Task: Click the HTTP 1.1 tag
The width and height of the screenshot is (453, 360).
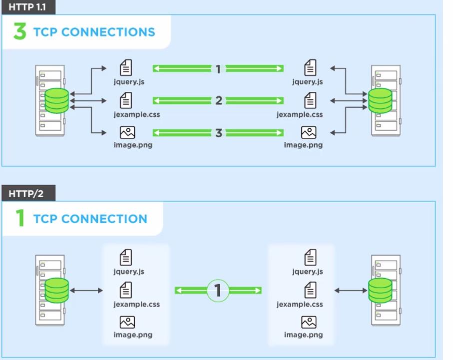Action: (x=26, y=7)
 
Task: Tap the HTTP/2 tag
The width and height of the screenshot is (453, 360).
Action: (x=25, y=193)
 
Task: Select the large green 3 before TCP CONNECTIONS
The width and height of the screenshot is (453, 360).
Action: (x=20, y=31)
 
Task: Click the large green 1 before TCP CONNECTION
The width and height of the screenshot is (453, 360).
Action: (x=20, y=219)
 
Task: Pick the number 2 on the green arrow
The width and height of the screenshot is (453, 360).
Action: (x=218, y=101)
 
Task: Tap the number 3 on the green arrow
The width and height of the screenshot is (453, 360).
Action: (x=218, y=133)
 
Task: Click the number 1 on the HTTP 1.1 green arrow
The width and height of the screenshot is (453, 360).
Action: (x=218, y=69)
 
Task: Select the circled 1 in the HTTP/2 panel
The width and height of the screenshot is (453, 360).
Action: (x=218, y=291)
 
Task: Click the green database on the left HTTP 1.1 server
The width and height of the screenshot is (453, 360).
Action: (x=56, y=100)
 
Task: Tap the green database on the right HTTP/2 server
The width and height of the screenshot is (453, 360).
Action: (x=380, y=291)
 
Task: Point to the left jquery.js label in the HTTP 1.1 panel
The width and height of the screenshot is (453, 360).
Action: (x=129, y=82)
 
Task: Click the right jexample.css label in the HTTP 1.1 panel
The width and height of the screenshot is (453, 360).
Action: (x=300, y=114)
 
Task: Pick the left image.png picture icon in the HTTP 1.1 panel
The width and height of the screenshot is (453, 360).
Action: (x=128, y=132)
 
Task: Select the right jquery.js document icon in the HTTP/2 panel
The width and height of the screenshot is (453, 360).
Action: (x=311, y=258)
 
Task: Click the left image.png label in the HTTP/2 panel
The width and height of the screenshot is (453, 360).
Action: (x=133, y=335)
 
